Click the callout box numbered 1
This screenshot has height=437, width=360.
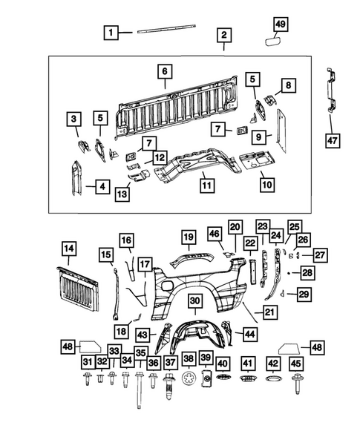click(x=111, y=33)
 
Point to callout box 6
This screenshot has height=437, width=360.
click(x=164, y=72)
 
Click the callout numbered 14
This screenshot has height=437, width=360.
click(x=68, y=249)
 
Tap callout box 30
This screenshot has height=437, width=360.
click(x=194, y=300)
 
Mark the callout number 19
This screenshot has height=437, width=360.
click(x=189, y=238)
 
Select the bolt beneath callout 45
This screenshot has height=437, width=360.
click(x=298, y=386)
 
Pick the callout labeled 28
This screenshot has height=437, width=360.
click(x=306, y=273)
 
